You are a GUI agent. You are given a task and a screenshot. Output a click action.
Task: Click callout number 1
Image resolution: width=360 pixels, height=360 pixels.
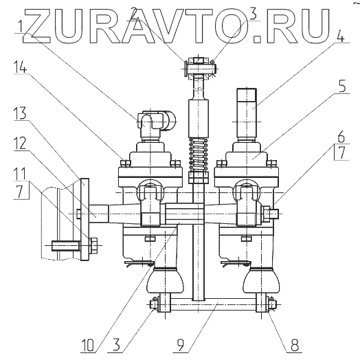pyautogui.click(x=21, y=25)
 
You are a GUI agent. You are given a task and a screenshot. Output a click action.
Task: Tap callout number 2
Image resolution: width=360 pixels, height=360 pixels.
pyautogui.click(x=135, y=14)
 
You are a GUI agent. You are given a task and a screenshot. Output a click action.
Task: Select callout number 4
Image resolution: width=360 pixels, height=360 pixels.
pyautogui.click(x=341, y=36)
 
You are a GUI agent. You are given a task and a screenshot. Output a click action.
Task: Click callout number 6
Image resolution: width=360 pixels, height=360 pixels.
pyautogui.click(x=341, y=137)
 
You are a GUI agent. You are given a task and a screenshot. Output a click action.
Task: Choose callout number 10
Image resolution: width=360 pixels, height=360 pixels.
pyautogui.click(x=87, y=345)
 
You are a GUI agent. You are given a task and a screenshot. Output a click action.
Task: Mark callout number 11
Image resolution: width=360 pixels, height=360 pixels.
pyautogui.click(x=20, y=174)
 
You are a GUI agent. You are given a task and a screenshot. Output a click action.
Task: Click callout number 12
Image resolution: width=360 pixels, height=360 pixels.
pyautogui.click(x=20, y=144)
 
